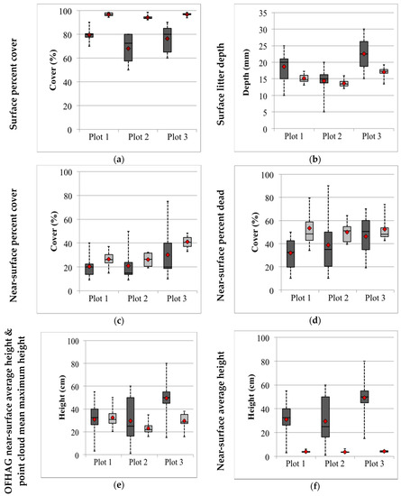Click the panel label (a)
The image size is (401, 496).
click(x=119, y=160)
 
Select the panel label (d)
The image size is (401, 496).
click(x=314, y=321)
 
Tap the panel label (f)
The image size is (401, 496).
click(x=314, y=486)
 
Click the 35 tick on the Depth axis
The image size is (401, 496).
click(x=263, y=13)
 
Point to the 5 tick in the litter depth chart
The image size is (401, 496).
click(x=265, y=113)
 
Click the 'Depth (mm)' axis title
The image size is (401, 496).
click(x=246, y=72)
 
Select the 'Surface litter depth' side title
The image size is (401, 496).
click(x=221, y=84)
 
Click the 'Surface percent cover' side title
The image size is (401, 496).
click(x=13, y=84)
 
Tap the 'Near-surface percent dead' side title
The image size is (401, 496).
click(x=221, y=245)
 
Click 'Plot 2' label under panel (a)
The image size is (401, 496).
click(x=138, y=137)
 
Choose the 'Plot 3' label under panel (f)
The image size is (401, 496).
click(x=374, y=464)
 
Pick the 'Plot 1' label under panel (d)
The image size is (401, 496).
click(x=301, y=298)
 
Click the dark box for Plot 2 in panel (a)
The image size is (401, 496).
click(x=128, y=48)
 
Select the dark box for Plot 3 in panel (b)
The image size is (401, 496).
click(x=364, y=54)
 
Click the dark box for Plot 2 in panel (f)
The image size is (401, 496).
click(x=325, y=417)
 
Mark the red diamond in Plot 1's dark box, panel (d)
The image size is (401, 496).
click(x=291, y=253)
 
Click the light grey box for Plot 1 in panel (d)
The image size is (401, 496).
click(x=310, y=231)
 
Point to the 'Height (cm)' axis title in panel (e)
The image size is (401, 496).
click(x=62, y=398)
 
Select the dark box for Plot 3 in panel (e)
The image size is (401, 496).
click(x=167, y=398)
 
